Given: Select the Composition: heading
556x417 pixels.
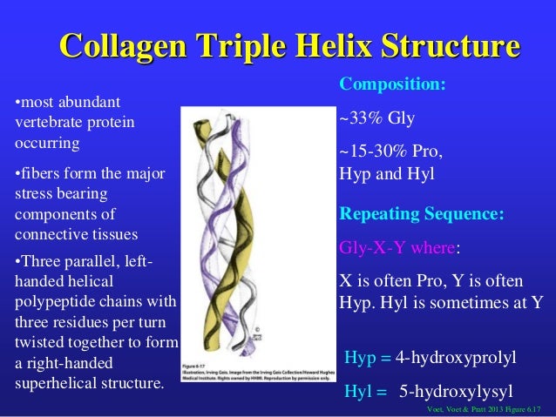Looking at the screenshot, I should tap(392, 85).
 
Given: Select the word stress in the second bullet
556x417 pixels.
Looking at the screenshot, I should tap(37, 194).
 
